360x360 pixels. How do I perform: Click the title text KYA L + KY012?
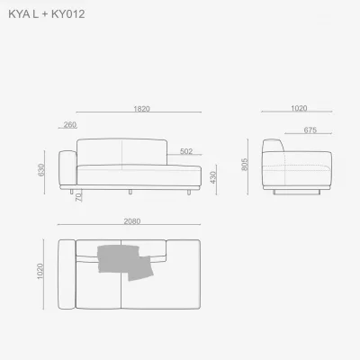coord(47,14)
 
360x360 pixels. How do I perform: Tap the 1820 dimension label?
coord(141,109)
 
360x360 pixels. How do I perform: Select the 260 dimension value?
coord(70,124)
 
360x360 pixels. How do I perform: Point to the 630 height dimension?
coord(41,170)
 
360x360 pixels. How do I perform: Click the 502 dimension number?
coord(186,151)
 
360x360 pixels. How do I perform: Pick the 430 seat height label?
coord(213,177)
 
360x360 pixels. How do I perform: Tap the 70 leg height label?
coord(78,197)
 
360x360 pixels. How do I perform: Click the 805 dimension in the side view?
coord(245,165)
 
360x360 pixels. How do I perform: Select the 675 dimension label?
coord(310,130)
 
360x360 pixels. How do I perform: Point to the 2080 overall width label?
coord(132,221)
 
